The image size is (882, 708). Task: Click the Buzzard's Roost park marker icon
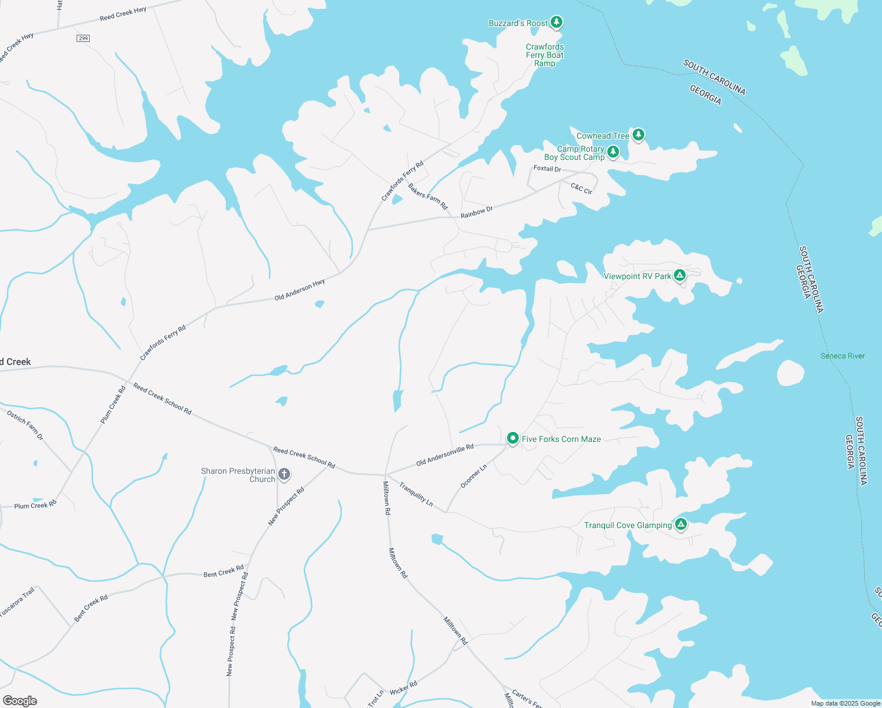click(x=557, y=22)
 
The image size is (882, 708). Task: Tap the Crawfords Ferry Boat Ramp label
click(x=545, y=55)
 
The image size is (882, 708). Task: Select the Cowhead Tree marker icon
click(x=638, y=135)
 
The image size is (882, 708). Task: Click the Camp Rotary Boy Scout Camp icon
click(x=613, y=152)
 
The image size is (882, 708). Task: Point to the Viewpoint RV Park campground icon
click(x=680, y=276)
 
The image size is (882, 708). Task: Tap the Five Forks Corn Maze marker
click(x=513, y=438)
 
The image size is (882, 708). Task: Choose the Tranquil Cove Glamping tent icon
click(x=681, y=524)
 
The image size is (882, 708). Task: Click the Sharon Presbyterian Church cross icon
click(x=284, y=474)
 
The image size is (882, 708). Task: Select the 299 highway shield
click(x=83, y=38)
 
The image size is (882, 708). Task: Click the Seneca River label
click(x=842, y=356)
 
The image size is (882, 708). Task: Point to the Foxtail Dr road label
click(x=547, y=169)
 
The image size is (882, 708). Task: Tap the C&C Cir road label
click(x=581, y=188)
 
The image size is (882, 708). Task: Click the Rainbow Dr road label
click(x=476, y=212)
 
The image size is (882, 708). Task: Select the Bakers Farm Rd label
click(x=428, y=196)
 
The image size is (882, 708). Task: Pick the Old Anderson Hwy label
click(x=300, y=290)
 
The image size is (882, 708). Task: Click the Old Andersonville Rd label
click(x=445, y=455)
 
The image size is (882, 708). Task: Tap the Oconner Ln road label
click(x=473, y=476)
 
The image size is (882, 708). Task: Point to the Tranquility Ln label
click(x=416, y=494)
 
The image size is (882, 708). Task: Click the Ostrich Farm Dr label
click(x=25, y=425)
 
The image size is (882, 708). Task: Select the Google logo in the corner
click(x=19, y=701)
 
